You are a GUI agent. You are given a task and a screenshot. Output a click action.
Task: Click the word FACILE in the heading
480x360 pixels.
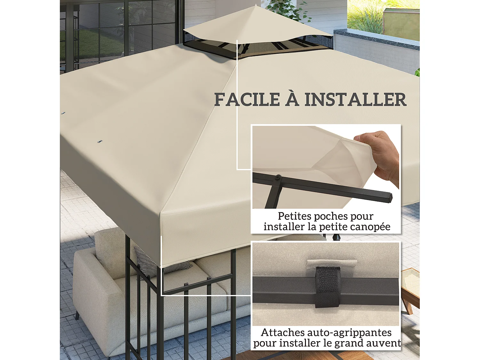point(247,100)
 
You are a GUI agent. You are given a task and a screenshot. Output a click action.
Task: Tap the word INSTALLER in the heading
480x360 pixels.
point(355,100)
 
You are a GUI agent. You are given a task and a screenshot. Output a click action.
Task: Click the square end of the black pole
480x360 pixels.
point(388,197)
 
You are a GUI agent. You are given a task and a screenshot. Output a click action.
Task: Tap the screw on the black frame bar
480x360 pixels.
point(278,177)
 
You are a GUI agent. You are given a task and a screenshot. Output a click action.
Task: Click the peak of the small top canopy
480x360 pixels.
point(256,5)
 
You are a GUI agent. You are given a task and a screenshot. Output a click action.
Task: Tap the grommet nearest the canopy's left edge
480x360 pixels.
point(63,113)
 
